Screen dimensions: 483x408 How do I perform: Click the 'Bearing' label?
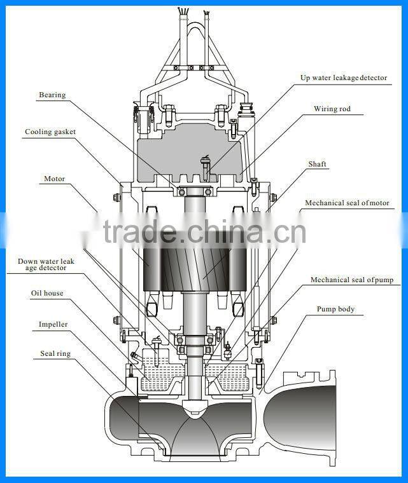point(52,95)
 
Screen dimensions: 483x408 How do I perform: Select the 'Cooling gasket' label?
point(50,132)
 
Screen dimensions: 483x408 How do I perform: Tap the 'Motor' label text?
point(55,179)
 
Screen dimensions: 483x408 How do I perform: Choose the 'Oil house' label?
point(47,294)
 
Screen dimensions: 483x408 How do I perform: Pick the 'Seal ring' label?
point(55,354)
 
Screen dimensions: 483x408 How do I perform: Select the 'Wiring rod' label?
point(332,109)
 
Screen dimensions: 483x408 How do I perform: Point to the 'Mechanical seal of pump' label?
point(351,280)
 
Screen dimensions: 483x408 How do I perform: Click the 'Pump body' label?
point(335,310)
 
